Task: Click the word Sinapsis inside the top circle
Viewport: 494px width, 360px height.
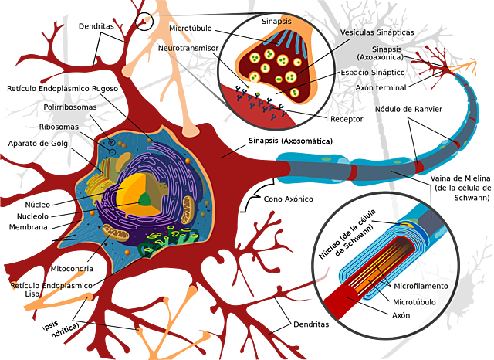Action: click(x=277, y=21)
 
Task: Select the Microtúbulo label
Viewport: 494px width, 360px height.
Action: click(x=416, y=301)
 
